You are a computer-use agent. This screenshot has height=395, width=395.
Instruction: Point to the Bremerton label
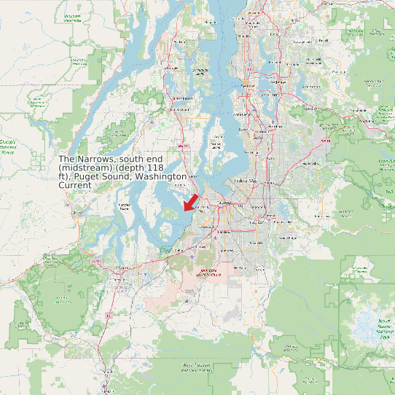click(182, 97)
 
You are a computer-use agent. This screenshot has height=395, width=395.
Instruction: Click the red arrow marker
click(190, 202)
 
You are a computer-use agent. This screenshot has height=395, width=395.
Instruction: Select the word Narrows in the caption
click(98, 159)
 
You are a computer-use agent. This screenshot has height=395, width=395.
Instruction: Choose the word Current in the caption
click(75, 186)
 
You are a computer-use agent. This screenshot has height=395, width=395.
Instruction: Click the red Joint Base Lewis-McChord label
click(204, 274)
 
